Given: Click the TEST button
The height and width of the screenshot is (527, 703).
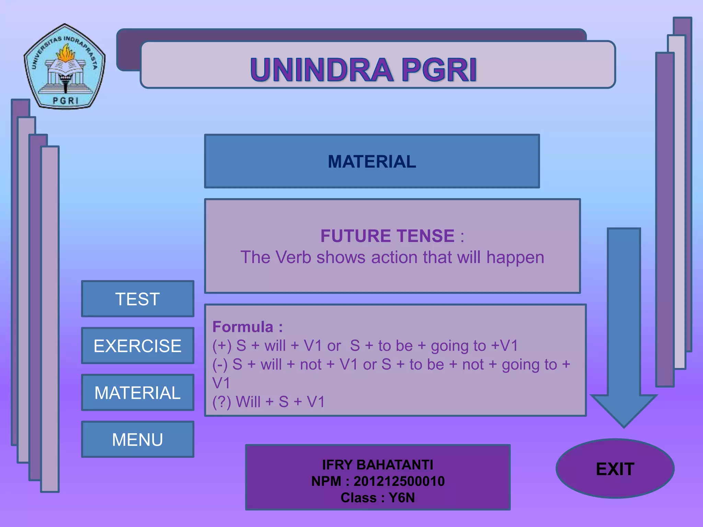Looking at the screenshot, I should pyautogui.click(x=138, y=299).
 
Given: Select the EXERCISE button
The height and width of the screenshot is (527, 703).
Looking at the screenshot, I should pyautogui.click(x=138, y=346).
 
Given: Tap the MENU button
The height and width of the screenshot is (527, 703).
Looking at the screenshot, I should pyautogui.click(x=138, y=440).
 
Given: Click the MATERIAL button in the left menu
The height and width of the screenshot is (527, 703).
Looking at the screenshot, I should pyautogui.click(x=138, y=393).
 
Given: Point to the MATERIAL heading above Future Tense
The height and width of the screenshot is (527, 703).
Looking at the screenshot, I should pyautogui.click(x=372, y=161).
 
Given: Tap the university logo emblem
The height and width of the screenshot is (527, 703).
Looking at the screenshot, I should pyautogui.click(x=65, y=67).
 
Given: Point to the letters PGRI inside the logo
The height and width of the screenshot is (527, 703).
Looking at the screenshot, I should pyautogui.click(x=66, y=101).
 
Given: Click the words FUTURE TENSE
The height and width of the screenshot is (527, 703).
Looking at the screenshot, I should pyautogui.click(x=388, y=236).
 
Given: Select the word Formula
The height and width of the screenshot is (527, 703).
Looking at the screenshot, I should pyautogui.click(x=243, y=327).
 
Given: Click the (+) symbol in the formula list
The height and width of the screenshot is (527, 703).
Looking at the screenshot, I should pyautogui.click(x=222, y=346).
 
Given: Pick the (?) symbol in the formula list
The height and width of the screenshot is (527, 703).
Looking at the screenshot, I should pyautogui.click(x=222, y=402).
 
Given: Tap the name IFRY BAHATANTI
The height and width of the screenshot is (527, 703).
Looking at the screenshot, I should pyautogui.click(x=378, y=465).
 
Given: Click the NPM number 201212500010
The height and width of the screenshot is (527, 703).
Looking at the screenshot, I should pyautogui.click(x=399, y=481).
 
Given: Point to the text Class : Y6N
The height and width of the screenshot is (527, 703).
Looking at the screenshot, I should pyautogui.click(x=378, y=498).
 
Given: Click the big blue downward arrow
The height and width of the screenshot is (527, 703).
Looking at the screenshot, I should pyautogui.click(x=624, y=326).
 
